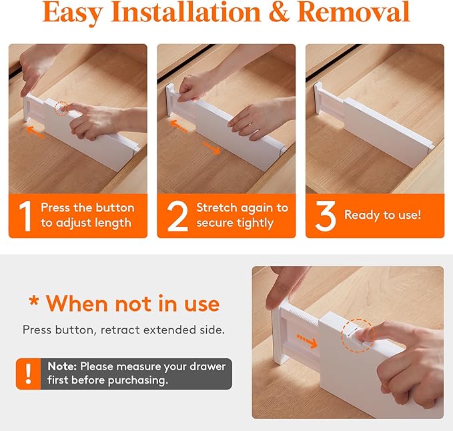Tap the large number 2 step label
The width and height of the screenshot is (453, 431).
click(177, 215)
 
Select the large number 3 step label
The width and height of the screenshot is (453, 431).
click(326, 215)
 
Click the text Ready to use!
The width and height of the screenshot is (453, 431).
click(382, 215)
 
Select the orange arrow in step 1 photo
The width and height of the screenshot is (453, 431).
click(36, 132)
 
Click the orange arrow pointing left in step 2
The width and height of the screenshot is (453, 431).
click(177, 124)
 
